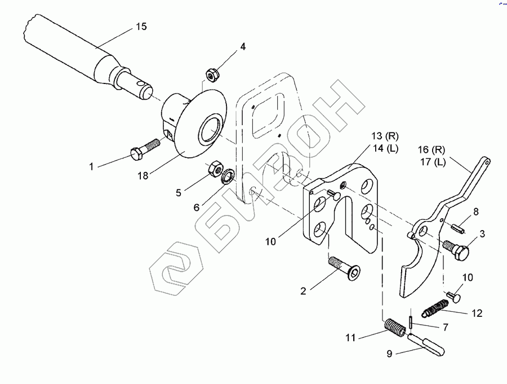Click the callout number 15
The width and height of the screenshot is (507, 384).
coord(141,27)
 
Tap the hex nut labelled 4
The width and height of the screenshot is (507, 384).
coord(213,73)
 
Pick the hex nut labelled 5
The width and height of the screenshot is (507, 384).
coord(214,168)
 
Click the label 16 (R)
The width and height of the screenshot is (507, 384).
coord(431,150)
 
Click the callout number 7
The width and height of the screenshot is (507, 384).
coord(444,327)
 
